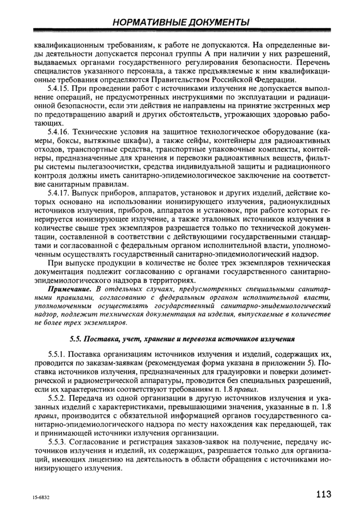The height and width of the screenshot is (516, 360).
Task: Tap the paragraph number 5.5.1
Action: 57,355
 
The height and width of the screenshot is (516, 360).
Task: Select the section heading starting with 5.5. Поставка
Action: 182,339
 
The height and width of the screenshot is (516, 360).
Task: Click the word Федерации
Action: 275,80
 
